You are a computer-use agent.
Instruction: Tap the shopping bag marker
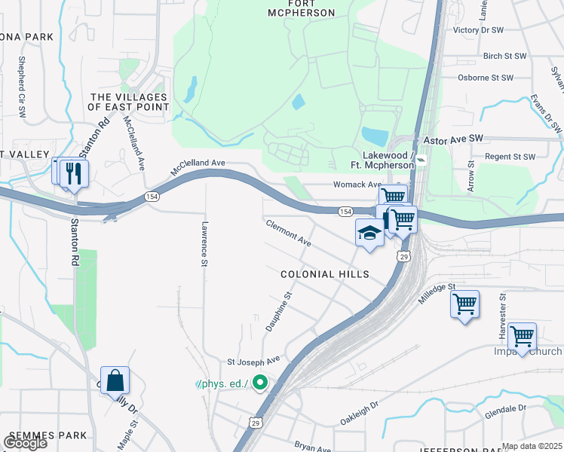[115, 381]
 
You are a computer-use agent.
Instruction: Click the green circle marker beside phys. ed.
[260, 383]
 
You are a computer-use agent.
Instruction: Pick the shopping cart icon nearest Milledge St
[464, 305]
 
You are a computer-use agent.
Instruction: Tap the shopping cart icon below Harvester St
[522, 336]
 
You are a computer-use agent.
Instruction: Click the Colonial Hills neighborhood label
[325, 274]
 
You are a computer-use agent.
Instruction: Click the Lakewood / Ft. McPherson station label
[383, 160]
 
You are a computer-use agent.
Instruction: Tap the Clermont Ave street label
[289, 233]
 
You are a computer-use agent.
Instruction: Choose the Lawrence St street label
[204, 243]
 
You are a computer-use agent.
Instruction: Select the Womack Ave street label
[357, 185]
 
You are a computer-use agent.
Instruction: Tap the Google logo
[25, 443]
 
